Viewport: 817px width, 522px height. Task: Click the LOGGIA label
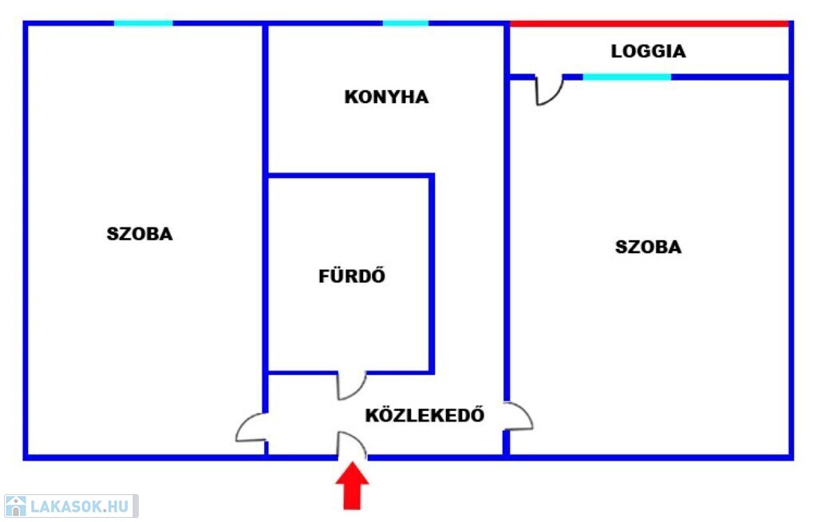tap(648, 51)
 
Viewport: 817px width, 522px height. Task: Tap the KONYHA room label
tap(387, 97)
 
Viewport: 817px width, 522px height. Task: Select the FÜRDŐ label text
tap(352, 275)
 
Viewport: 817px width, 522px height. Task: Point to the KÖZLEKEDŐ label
tap(424, 414)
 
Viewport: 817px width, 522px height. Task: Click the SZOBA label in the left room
tap(140, 234)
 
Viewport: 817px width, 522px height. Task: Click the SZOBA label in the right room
tap(648, 247)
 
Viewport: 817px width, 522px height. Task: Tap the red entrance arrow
tap(352, 485)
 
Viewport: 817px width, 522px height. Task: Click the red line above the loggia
tap(649, 24)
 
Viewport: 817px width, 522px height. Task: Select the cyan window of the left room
tap(144, 23)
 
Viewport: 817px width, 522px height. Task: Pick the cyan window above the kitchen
tap(405, 23)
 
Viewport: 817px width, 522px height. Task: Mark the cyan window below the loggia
tap(627, 77)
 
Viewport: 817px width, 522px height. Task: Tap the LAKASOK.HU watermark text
tap(79, 506)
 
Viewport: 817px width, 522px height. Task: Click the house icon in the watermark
tap(15, 506)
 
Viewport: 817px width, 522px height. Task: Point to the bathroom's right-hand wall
tap(432, 274)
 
